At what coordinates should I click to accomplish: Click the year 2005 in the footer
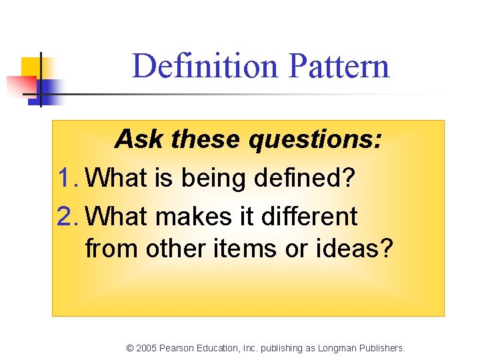(147, 348)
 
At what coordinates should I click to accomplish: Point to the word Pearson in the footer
(177, 348)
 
